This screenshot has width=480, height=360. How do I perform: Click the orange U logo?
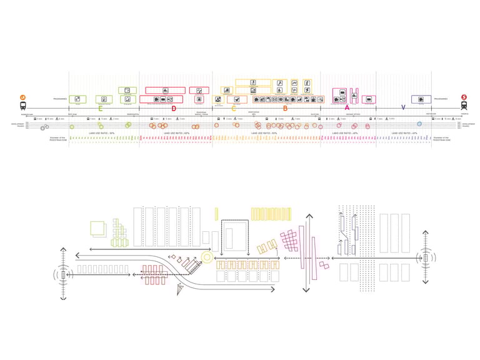click(x=22, y=97)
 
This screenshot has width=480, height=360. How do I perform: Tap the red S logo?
click(x=464, y=97)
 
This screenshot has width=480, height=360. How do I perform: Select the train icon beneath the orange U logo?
click(x=22, y=107)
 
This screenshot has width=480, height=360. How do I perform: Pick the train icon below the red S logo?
click(x=464, y=107)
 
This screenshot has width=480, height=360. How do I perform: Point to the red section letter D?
click(x=174, y=109)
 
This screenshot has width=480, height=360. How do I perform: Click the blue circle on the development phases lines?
click(x=419, y=124)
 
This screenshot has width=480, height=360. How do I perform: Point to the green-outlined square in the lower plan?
click(x=98, y=228)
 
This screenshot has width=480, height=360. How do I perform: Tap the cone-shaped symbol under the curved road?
click(x=181, y=289)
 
